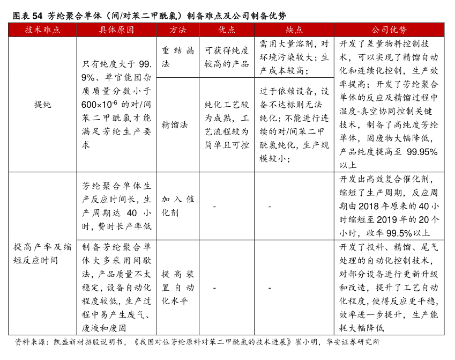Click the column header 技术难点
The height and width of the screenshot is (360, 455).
click(x=42, y=30)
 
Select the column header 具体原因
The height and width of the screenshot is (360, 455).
click(x=116, y=30)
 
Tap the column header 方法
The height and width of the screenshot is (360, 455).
click(x=178, y=30)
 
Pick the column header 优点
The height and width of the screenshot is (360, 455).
click(x=227, y=30)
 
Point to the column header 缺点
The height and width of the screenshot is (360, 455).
click(x=294, y=30)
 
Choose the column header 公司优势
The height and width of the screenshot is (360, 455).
click(x=389, y=30)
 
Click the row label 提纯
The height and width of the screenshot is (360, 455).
click(x=42, y=105)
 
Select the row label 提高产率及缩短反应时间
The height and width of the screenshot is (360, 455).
click(x=42, y=253)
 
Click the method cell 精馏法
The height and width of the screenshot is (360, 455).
click(x=175, y=124)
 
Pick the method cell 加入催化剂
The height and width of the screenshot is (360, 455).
click(x=178, y=205)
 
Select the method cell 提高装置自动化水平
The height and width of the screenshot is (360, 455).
click(x=178, y=287)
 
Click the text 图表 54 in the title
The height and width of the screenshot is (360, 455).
click(x=27, y=15)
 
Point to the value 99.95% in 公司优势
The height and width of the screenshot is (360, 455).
click(x=422, y=152)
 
